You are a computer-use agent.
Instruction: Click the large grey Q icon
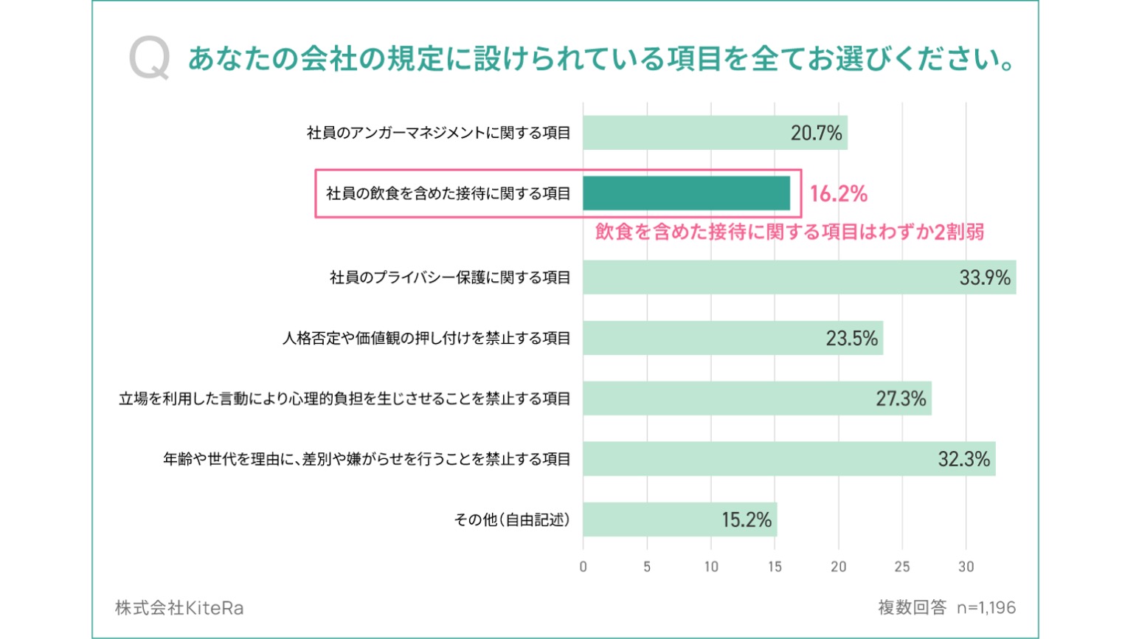point(149,59)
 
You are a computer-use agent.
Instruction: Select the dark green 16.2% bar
point(686,193)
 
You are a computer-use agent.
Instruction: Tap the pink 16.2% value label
point(838,193)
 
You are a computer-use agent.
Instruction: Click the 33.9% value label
point(984,277)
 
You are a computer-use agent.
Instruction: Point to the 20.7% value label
point(816,133)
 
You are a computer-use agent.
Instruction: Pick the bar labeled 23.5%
point(732,338)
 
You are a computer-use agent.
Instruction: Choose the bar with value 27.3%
point(757,398)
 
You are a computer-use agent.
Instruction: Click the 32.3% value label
point(963,459)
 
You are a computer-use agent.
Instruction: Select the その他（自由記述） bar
point(679,519)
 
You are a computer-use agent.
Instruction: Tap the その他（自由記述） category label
point(512,519)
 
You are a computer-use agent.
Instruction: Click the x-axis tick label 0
point(583,567)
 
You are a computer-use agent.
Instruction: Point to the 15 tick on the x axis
point(775,567)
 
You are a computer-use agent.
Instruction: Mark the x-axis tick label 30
point(966,567)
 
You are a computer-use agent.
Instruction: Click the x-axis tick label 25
point(902,567)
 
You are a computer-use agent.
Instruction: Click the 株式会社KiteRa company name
point(179,608)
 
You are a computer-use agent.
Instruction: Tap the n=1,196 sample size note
point(986,608)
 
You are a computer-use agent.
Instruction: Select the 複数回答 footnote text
point(912,608)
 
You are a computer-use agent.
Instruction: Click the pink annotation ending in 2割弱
point(789,232)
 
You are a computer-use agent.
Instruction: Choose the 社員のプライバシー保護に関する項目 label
point(450,277)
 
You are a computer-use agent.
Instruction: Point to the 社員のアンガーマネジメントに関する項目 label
point(439,133)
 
